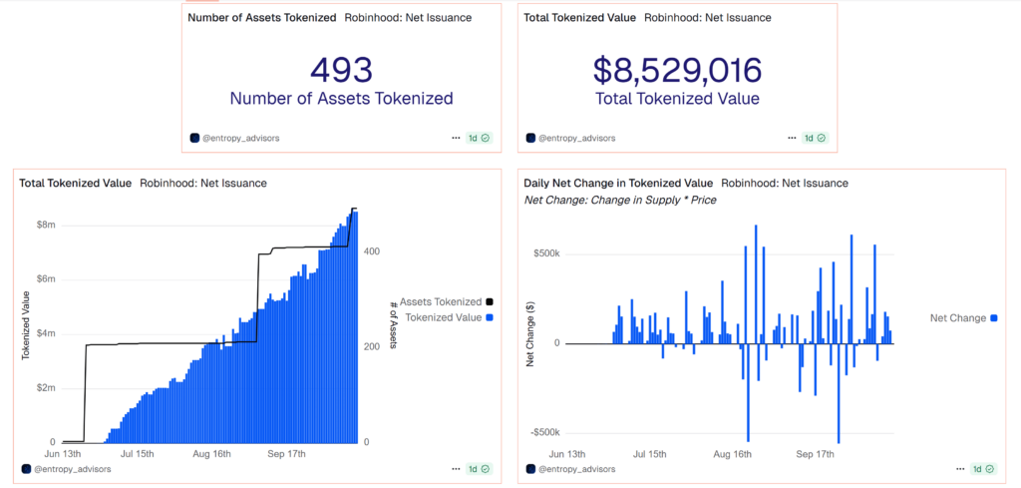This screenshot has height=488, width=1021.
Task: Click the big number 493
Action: coord(341,69)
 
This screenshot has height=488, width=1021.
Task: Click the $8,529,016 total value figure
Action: coord(677,69)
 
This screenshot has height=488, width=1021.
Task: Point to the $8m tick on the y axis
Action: coord(45,225)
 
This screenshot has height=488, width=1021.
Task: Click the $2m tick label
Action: coord(45,387)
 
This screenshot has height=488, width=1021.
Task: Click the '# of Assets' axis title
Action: coord(395,321)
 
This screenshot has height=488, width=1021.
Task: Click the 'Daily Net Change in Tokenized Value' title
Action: coord(618,183)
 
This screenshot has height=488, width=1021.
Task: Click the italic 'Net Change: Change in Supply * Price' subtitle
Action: coord(620,200)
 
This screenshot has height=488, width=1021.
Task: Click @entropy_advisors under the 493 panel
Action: coord(240,138)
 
